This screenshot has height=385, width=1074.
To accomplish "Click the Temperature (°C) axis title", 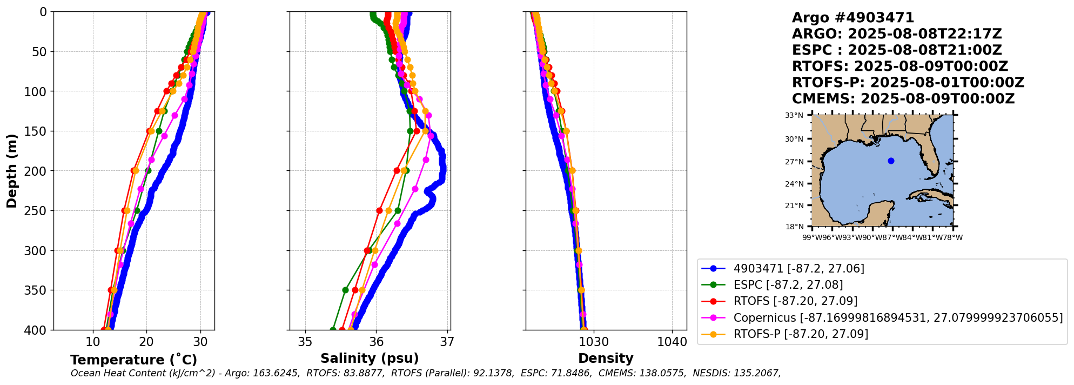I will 133,360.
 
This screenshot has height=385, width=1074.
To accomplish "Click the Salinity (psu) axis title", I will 370,359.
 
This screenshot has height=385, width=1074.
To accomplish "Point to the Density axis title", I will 606,359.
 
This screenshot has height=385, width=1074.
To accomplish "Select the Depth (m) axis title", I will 12,171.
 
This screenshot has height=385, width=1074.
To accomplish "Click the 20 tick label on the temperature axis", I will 146,342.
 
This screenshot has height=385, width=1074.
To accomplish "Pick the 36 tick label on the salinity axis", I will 376,342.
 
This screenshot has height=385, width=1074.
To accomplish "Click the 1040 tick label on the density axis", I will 672,342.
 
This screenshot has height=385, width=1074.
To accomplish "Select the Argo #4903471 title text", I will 853,18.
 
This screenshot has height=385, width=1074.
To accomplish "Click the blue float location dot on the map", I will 891,161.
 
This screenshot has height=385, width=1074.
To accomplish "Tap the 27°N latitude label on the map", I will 794,162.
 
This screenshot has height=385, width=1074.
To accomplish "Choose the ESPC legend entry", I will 788,285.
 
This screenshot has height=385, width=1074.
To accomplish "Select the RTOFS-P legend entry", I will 801,334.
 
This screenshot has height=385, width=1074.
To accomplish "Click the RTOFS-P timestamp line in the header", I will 908,83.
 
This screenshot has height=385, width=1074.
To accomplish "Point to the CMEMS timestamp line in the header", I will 903,99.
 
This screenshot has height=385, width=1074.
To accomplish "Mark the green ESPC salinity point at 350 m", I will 345,290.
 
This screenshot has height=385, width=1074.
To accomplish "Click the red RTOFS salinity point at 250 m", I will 379,210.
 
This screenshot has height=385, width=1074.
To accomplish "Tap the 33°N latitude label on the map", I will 794,115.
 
